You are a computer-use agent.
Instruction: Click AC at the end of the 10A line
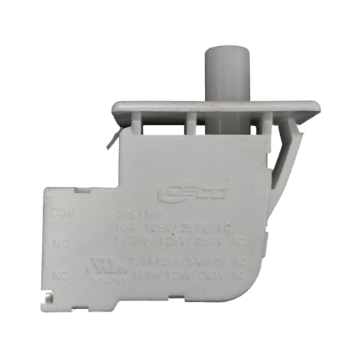tap(235, 229)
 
